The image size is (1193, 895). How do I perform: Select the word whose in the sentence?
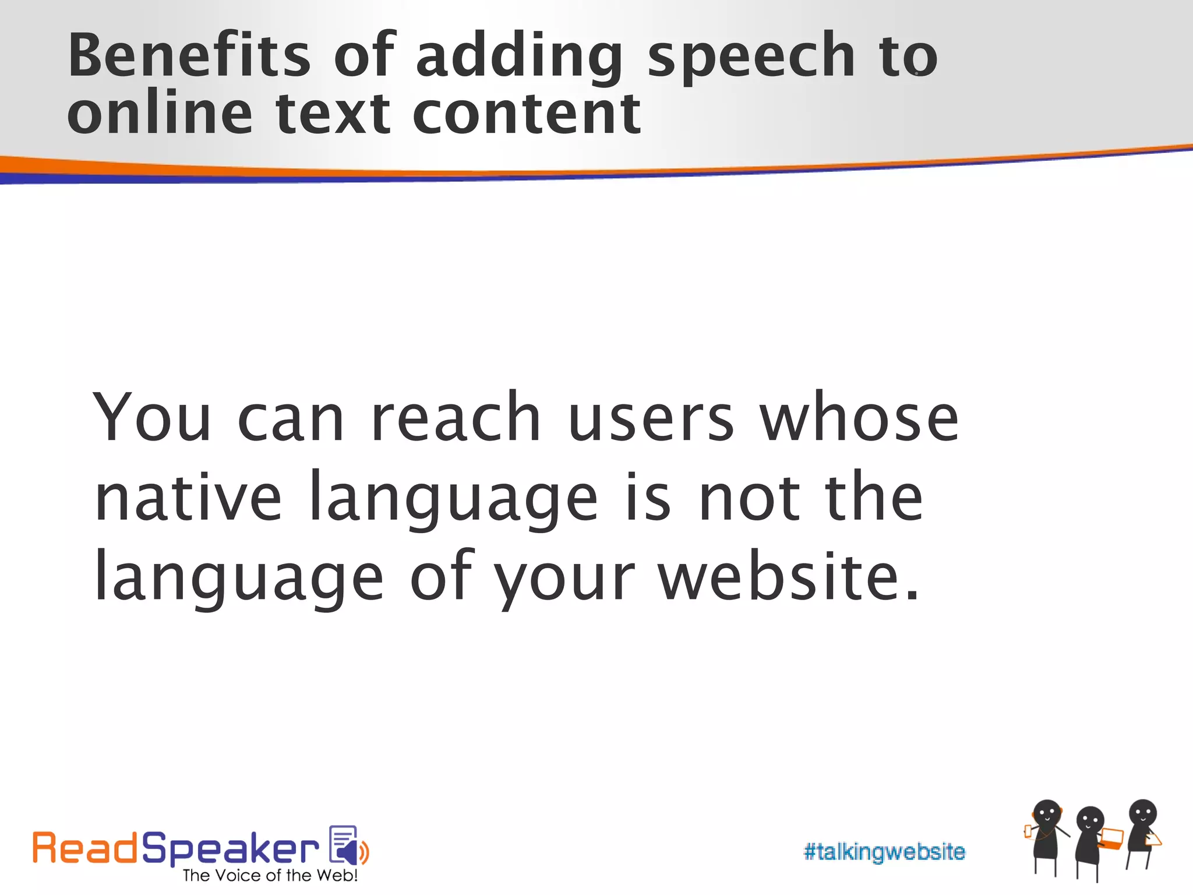click(x=859, y=418)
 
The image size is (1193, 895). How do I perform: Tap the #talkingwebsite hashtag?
click(x=884, y=852)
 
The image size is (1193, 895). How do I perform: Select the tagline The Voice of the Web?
click(x=270, y=876)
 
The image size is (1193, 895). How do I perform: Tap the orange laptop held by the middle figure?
click(x=1113, y=838)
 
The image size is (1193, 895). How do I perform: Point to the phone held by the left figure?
click(x=1028, y=831)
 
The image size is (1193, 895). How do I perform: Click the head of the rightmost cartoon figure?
click(x=1142, y=813)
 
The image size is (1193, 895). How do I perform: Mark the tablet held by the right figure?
click(x=1153, y=840)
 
